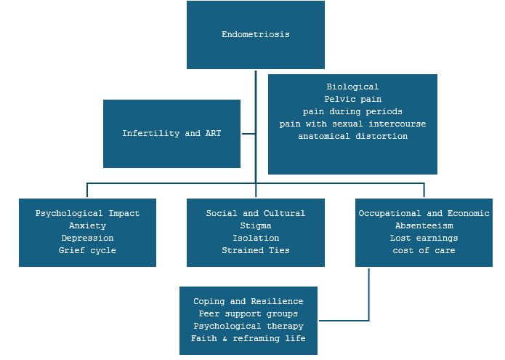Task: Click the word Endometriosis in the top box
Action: [x=255, y=34]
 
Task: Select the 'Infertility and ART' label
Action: [x=171, y=134]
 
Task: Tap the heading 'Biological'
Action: [x=352, y=87]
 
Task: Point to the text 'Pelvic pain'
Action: [x=352, y=100]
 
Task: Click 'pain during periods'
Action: [x=352, y=112]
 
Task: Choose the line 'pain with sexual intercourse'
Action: [x=352, y=124]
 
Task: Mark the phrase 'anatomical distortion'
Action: [x=352, y=137]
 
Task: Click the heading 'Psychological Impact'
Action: [x=87, y=214]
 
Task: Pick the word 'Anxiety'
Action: [x=87, y=226]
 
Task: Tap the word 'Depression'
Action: [x=87, y=239]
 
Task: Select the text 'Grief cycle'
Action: [x=87, y=251]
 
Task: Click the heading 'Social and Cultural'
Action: [x=255, y=214]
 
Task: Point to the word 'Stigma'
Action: [x=255, y=226]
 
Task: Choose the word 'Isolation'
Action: [x=255, y=239]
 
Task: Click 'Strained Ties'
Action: [x=255, y=251]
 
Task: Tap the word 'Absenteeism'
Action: [x=424, y=226]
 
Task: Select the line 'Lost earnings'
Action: [x=424, y=239]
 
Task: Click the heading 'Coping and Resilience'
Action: [x=248, y=302]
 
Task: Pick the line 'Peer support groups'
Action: [x=248, y=314]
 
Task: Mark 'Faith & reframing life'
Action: [x=248, y=339]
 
